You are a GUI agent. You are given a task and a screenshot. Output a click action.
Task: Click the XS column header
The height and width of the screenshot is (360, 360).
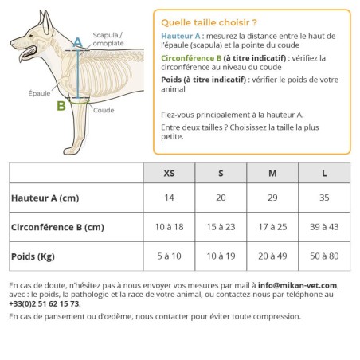(169, 173)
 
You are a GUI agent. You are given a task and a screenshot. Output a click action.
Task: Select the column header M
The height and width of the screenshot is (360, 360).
(272, 173)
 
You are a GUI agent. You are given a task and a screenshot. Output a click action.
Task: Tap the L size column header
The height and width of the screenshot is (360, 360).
(324, 173)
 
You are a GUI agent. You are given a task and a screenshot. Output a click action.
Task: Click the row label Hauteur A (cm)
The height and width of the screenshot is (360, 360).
(45, 198)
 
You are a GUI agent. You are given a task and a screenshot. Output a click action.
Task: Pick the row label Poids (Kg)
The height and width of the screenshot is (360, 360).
(33, 256)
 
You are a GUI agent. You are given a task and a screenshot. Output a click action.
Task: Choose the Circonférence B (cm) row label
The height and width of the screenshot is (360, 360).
(57, 227)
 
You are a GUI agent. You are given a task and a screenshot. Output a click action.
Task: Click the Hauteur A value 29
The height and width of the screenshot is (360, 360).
(272, 198)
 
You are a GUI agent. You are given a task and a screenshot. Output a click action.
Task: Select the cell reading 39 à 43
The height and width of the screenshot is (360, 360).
(324, 227)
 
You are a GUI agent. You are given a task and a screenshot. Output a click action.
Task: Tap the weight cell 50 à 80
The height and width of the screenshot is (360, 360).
(324, 256)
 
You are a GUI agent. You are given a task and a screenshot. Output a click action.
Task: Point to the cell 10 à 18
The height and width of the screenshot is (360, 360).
(169, 227)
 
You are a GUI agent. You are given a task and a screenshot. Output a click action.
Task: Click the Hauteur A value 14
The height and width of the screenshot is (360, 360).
(169, 198)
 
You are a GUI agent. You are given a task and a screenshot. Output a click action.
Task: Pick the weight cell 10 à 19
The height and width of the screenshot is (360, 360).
(221, 256)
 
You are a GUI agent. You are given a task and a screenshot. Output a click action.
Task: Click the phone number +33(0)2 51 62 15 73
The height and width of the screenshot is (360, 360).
(45, 303)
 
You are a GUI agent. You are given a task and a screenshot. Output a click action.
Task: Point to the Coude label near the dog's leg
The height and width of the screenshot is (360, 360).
(104, 111)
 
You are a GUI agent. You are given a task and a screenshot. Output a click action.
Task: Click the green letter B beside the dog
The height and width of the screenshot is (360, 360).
(61, 104)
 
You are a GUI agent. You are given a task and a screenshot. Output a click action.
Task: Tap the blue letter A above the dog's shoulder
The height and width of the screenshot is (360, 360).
(77, 41)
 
